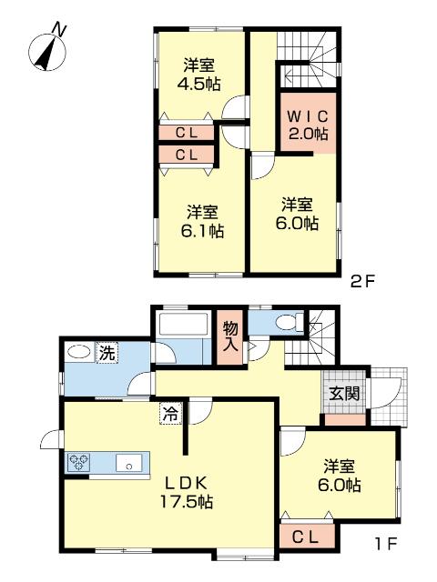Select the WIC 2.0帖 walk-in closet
point(308,123)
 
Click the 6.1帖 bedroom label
point(202,222)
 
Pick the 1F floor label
point(386,545)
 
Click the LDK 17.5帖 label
point(186,493)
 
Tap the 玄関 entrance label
point(346,394)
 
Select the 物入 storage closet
point(229,337)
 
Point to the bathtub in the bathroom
point(182,325)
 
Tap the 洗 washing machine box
point(107,353)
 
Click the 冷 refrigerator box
point(171,414)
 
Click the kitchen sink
point(128,463)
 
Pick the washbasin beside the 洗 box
point(78,352)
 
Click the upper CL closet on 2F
point(187,133)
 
